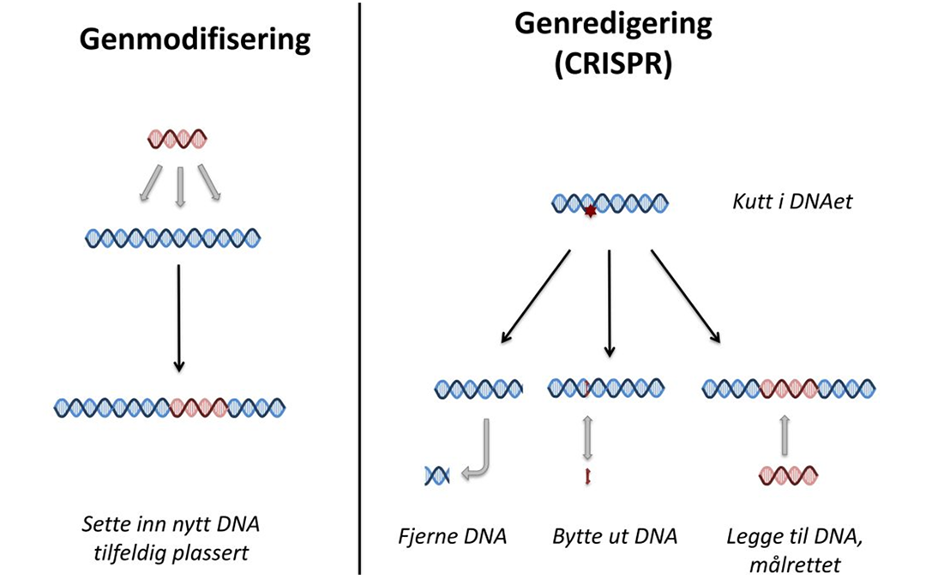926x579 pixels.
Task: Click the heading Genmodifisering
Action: coord(195,39)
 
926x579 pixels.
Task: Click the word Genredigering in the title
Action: coord(613,23)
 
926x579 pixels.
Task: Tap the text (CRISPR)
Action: coord(613,64)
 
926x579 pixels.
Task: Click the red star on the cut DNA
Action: coord(590,210)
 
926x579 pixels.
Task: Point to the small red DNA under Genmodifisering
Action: coord(177,138)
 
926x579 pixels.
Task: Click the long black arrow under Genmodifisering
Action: coord(178,317)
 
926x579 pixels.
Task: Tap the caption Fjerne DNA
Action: coord(453,537)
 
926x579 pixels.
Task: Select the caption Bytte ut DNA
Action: coord(615,537)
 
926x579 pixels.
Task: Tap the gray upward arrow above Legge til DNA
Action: coord(784,436)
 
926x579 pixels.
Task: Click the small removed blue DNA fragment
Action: coord(437,474)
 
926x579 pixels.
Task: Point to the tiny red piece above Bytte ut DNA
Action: coord(588,476)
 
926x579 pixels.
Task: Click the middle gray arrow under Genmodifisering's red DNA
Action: coord(178,186)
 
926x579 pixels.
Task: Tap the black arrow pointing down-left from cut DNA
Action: coord(535,297)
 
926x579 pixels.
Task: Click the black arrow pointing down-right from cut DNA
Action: coord(687,297)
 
